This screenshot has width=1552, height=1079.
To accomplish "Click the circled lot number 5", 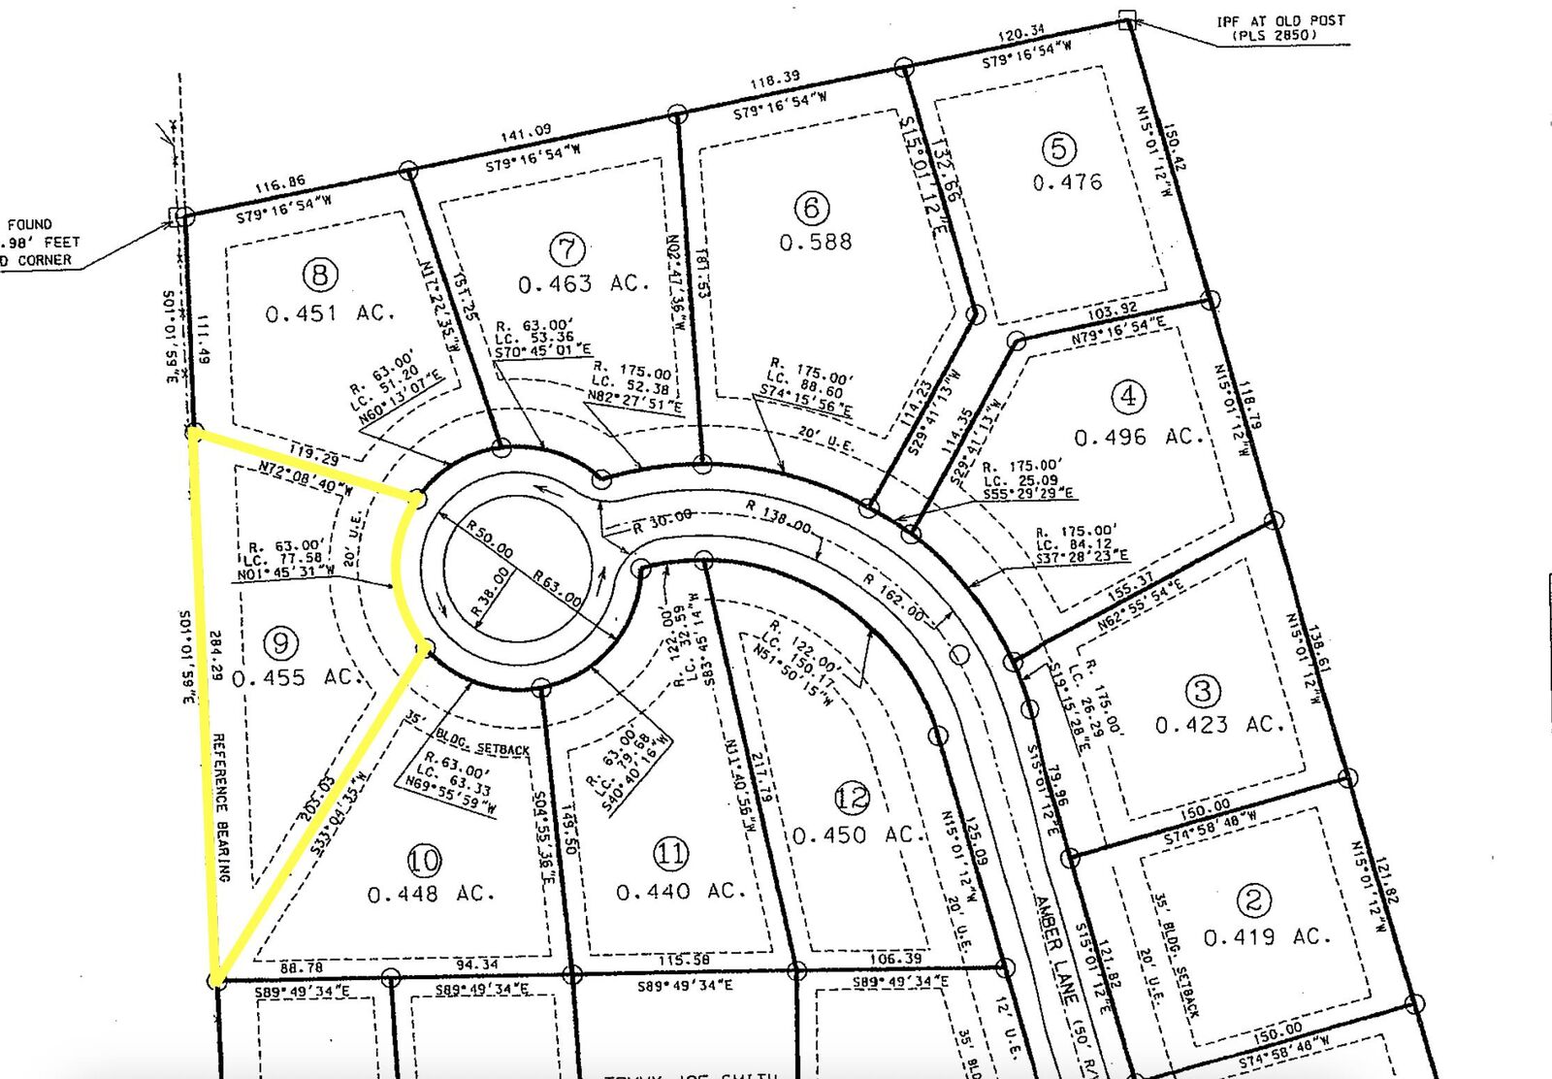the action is pos(1058,148).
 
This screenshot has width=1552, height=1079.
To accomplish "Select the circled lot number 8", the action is pos(320,275).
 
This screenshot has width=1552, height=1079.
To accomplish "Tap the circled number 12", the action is pos(852,798).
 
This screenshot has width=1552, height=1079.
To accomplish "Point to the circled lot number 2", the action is pos(1253,899).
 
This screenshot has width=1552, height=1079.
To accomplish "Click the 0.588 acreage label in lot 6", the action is pos(816,242).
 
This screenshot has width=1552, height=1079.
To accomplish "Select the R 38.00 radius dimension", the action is pos(491,593).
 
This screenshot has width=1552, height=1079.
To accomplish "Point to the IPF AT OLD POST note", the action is pos(1280,27).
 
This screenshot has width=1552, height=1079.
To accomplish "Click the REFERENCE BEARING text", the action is pos(221,806).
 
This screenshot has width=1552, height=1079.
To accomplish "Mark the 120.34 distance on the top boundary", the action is pos(1021,35).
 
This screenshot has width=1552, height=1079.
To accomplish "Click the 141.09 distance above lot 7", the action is pos(526,131).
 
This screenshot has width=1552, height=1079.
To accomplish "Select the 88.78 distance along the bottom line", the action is pos(302,967).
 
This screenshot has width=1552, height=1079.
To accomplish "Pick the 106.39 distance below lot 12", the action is pos(896,959).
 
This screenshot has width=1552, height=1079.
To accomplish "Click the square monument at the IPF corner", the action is pos(1126,20).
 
